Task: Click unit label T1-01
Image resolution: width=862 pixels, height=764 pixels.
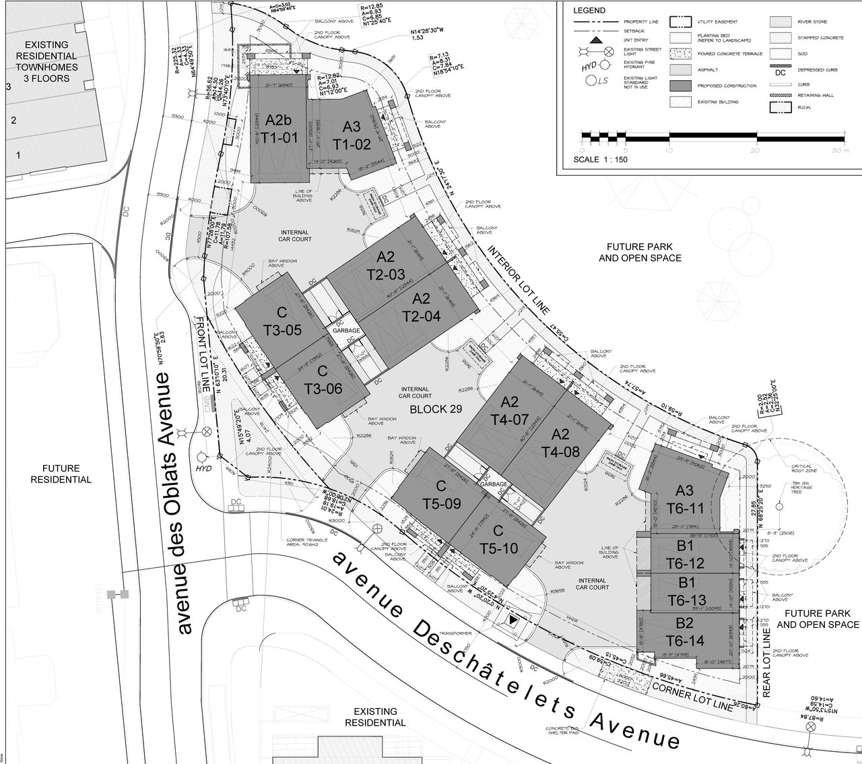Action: point(279,138)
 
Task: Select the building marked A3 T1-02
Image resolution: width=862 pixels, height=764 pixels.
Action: point(352,135)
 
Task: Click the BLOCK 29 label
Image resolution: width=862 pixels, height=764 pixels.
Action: point(436,409)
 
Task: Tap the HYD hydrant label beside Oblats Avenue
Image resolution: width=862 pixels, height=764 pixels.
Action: point(203,468)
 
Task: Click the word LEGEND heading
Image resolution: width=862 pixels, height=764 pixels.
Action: point(589,11)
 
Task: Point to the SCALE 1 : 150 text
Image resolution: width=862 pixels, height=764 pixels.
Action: point(600,160)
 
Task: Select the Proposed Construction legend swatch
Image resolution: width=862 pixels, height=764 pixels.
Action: point(680,86)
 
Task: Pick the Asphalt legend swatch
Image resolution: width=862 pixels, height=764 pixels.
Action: point(680,69)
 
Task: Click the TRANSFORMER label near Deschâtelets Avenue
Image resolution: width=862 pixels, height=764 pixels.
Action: point(456,633)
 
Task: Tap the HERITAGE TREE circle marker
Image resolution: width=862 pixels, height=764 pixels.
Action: point(778,506)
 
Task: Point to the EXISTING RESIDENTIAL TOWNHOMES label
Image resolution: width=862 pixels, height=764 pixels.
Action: point(47,61)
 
